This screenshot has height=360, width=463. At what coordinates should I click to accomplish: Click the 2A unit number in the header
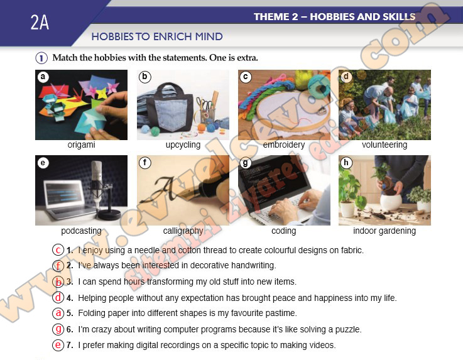point(40,22)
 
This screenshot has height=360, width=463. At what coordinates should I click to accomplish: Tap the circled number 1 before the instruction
point(41,58)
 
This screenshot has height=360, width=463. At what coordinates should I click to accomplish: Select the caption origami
point(81,145)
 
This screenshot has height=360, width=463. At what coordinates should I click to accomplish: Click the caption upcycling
point(183,145)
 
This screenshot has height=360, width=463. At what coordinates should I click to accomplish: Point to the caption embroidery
point(284,145)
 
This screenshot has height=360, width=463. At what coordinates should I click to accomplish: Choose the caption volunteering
point(384,145)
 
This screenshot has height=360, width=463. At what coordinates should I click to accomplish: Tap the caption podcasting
point(81,231)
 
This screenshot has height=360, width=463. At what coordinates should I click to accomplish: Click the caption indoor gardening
point(384,231)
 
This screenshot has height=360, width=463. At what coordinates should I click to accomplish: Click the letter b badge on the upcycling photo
point(144,77)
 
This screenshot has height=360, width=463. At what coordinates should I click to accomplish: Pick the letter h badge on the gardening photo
point(346,163)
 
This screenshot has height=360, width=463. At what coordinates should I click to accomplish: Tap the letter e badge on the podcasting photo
point(43,163)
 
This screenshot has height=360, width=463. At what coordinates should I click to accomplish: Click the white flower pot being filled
point(391,202)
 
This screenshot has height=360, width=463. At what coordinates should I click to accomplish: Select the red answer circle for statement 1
point(58,250)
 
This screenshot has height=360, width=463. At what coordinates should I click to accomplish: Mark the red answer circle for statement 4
point(58,297)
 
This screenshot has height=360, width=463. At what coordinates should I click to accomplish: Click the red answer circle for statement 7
point(58,345)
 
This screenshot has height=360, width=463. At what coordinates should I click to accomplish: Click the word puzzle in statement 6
point(348,329)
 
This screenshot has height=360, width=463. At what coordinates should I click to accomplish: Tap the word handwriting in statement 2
point(253,266)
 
